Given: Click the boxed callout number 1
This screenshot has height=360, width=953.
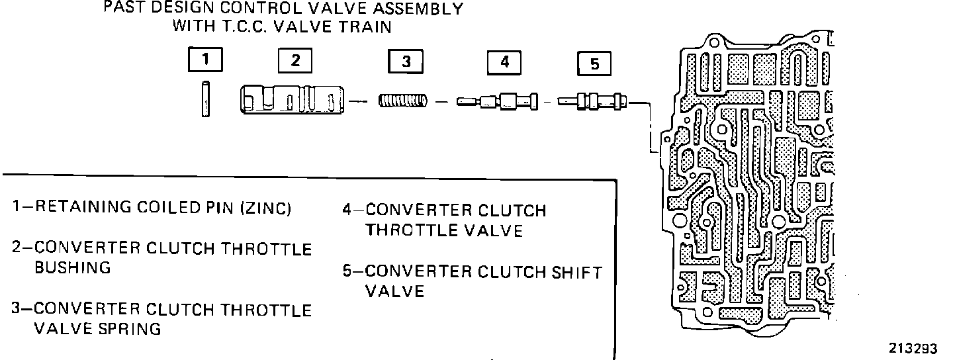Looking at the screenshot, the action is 205,60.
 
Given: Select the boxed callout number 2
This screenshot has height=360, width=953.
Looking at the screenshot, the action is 295,60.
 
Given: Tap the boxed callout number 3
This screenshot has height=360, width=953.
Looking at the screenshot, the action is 406,62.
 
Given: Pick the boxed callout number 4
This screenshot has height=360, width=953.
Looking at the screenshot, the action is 504,62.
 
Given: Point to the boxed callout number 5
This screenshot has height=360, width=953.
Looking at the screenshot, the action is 594,64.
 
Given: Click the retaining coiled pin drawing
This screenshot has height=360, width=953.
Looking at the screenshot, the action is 206,99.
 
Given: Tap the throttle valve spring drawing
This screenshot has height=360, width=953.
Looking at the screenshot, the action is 403,101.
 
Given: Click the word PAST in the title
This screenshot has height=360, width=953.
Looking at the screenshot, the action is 122,10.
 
